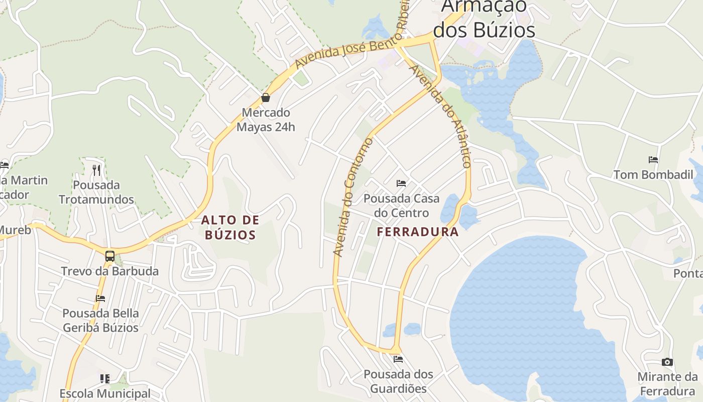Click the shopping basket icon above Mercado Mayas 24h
266,97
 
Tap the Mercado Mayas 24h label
266,120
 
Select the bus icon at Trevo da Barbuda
110,256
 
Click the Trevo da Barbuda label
109,271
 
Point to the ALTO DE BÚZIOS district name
230,227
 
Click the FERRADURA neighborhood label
418,232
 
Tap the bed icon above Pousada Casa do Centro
401,183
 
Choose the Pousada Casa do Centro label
401,206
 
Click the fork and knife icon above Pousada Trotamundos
96,170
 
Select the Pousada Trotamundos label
96,192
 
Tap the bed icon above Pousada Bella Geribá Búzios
100,298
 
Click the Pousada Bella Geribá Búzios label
100,321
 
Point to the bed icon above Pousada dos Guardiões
398,359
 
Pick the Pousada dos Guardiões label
398,381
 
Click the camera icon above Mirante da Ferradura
667,362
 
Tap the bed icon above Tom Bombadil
653,160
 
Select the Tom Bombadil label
653,175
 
